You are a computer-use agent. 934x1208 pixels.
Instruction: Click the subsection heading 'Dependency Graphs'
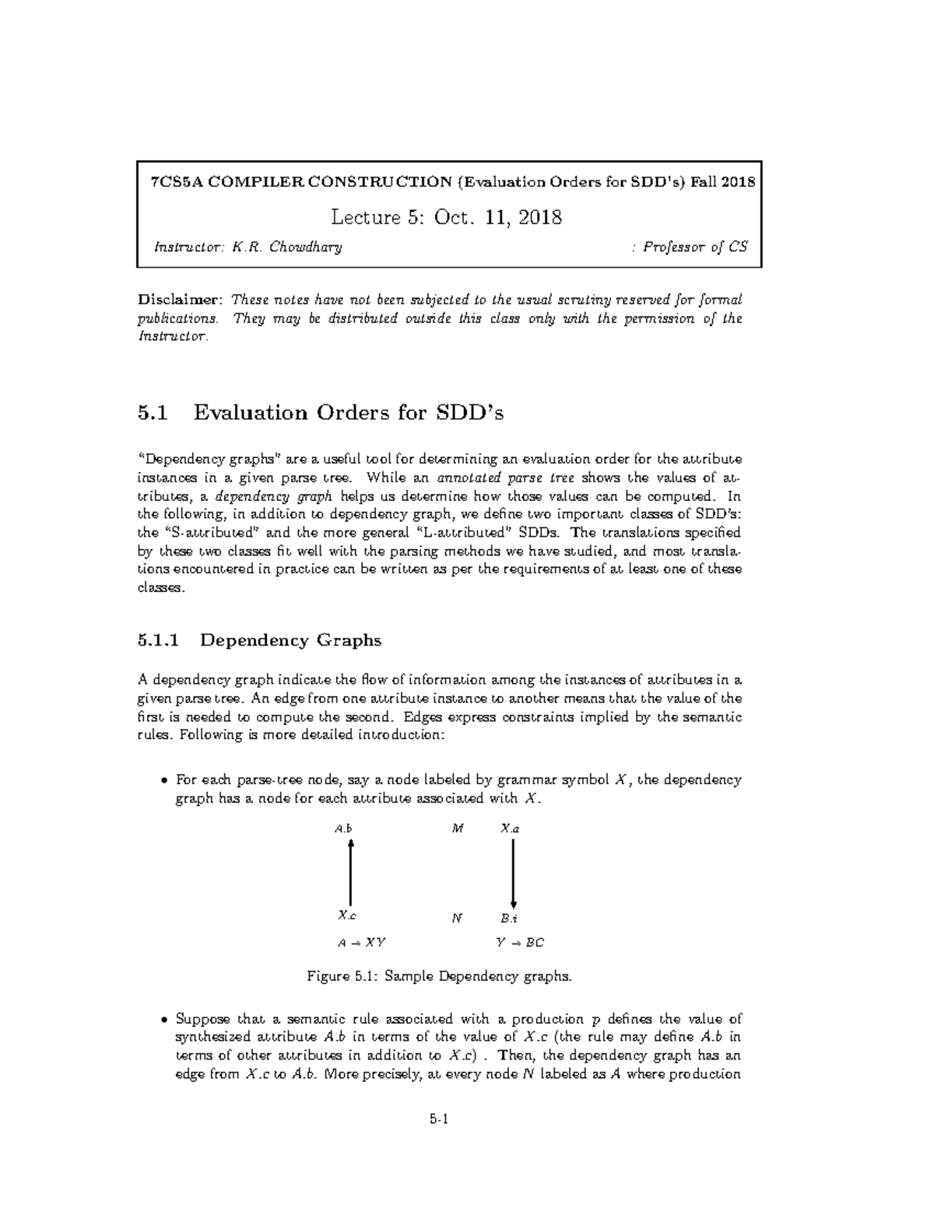click(x=290, y=640)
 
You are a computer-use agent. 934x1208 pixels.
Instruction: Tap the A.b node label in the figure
click(x=343, y=828)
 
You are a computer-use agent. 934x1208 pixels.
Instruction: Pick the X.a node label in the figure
click(x=510, y=828)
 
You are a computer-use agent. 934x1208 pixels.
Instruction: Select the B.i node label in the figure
click(x=510, y=918)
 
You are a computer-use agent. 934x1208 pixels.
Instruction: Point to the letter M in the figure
click(x=458, y=828)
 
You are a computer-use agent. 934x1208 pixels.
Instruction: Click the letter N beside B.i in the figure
click(x=458, y=918)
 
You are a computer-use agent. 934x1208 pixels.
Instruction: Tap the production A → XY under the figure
click(x=361, y=943)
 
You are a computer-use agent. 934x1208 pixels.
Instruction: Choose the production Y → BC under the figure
click(x=520, y=943)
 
